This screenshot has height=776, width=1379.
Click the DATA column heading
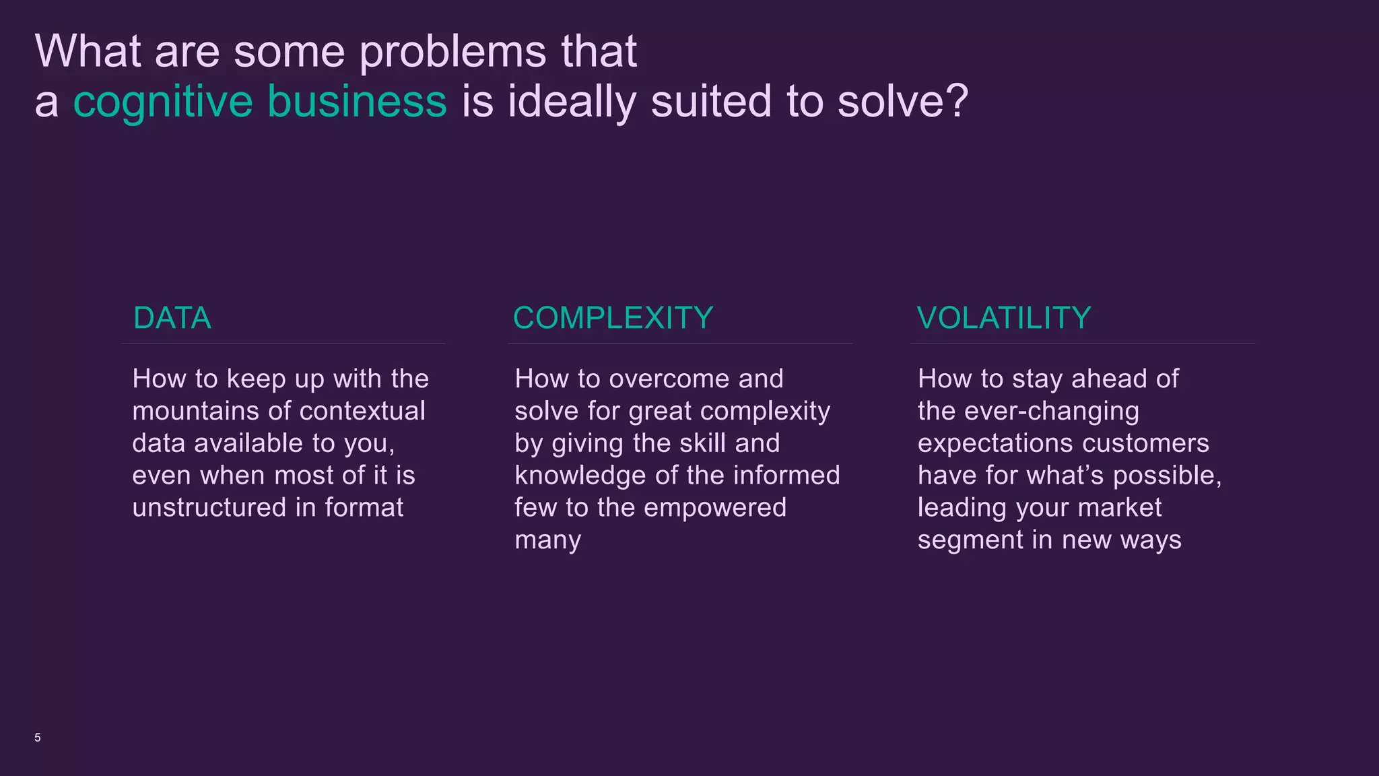(x=172, y=318)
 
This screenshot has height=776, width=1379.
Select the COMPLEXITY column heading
(x=613, y=318)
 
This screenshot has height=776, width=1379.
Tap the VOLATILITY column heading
(x=1003, y=318)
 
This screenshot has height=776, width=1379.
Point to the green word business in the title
(x=357, y=101)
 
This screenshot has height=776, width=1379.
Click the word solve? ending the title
(x=902, y=101)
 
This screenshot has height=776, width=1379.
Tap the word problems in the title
(x=453, y=53)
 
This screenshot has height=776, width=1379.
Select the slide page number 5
(x=38, y=738)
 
